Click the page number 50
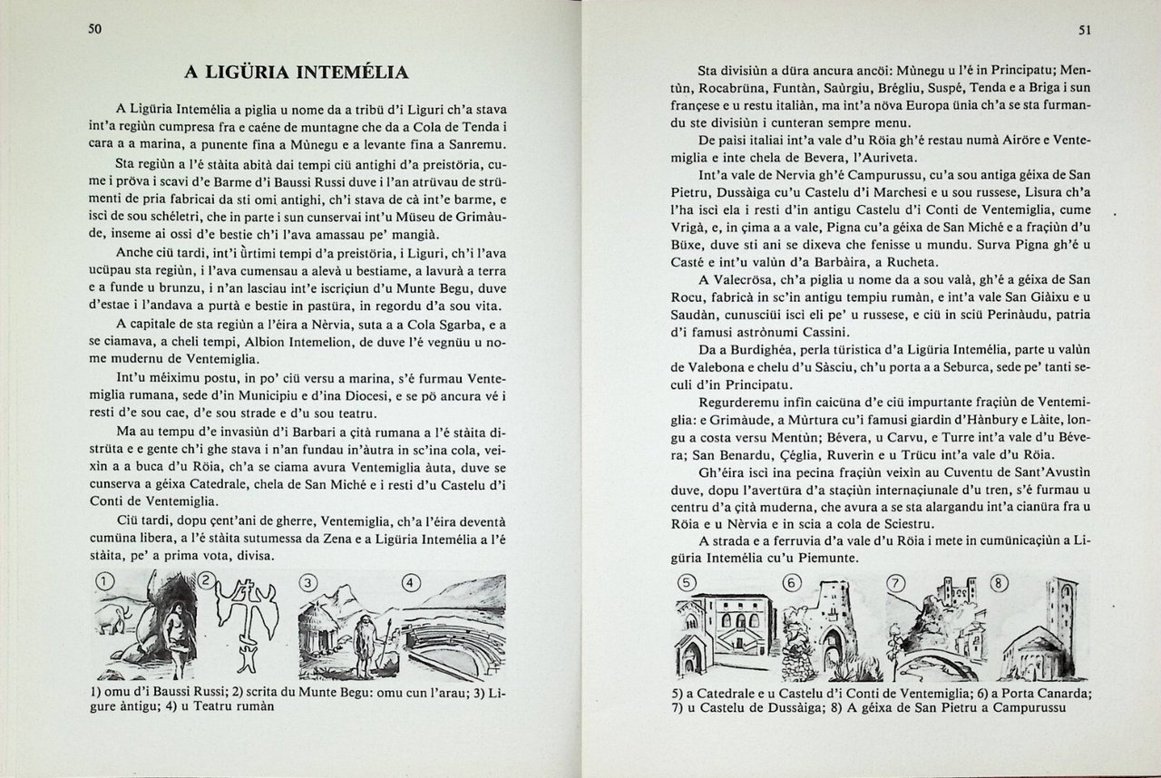(x=94, y=29)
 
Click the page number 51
(x=1084, y=30)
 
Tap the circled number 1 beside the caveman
(x=106, y=582)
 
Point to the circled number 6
(x=793, y=582)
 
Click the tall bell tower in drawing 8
(x=1059, y=608)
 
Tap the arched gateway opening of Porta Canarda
(x=832, y=649)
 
